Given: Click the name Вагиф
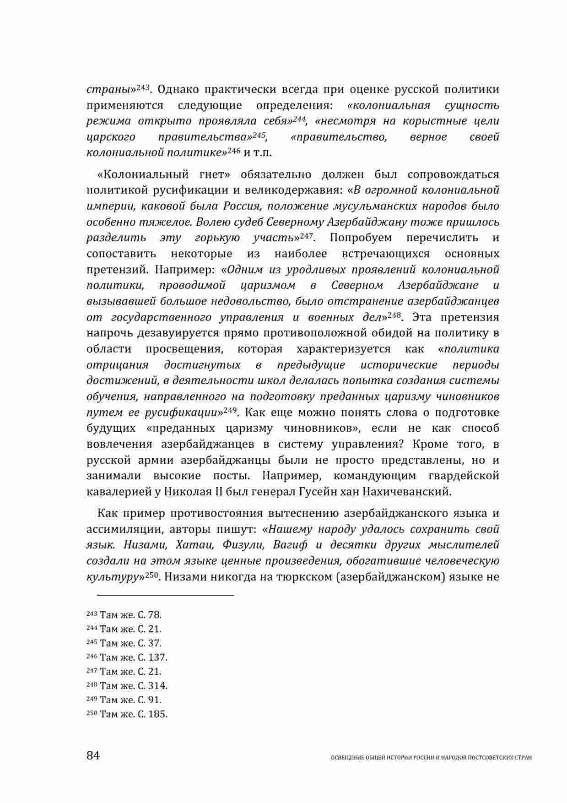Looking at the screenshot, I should coord(291,545).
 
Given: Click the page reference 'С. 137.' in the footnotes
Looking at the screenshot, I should coord(152,658).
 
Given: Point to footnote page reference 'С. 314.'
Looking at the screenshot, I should coord(152,686).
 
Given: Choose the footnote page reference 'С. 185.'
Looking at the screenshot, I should coord(152,714).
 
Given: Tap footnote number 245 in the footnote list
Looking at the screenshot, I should coord(92,643).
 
